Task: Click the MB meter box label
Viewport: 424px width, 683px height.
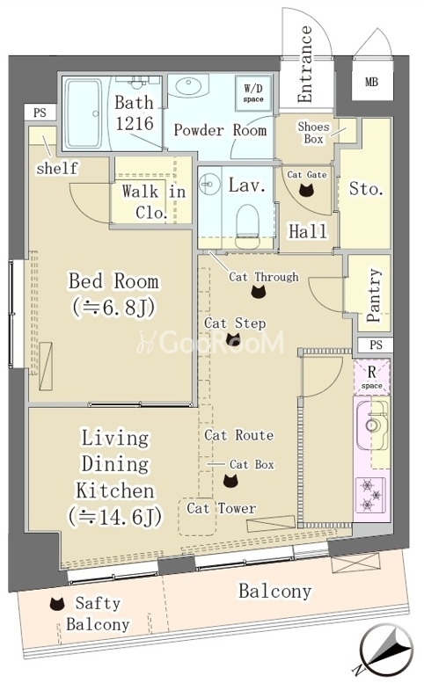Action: pyautogui.click(x=371, y=82)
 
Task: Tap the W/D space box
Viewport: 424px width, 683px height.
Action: pyautogui.click(x=253, y=93)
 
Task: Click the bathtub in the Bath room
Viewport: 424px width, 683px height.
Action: pyautogui.click(x=84, y=113)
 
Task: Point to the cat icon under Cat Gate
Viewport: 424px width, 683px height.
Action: pyautogui.click(x=307, y=190)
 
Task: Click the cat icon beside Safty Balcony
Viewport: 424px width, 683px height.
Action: pyautogui.click(x=57, y=604)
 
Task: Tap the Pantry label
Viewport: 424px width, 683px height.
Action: pyautogui.click(x=374, y=294)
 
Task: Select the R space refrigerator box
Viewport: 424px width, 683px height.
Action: pyautogui.click(x=372, y=377)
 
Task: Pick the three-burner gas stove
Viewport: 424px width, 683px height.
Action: pyautogui.click(x=371, y=495)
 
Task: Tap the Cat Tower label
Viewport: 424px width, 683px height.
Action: pyautogui.click(x=222, y=508)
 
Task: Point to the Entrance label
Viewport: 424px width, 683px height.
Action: pyautogui.click(x=305, y=63)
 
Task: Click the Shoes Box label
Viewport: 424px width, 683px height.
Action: pyautogui.click(x=314, y=133)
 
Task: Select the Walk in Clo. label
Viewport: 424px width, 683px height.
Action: pyautogui.click(x=153, y=201)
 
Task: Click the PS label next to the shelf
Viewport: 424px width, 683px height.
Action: pyautogui.click(x=40, y=113)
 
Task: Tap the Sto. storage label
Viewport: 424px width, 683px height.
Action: pyautogui.click(x=366, y=189)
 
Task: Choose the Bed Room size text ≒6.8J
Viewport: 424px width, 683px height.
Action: pyautogui.click(x=113, y=308)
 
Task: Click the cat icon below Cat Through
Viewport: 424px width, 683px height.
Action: pyautogui.click(x=259, y=292)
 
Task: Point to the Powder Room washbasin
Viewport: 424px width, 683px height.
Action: pyautogui.click(x=189, y=86)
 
